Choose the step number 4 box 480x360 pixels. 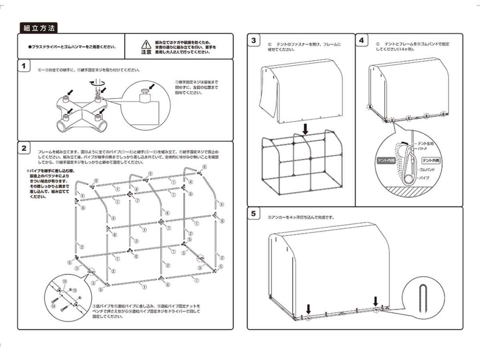pos(362,40)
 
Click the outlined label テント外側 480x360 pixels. pos(432,160)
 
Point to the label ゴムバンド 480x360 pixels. pos(428,170)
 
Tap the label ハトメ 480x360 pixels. pos(422,148)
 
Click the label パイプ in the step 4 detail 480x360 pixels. pos(425,177)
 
